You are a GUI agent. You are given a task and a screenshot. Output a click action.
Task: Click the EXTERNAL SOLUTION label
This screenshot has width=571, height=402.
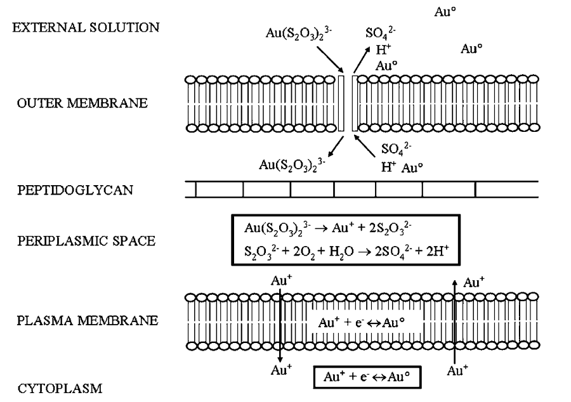(82, 28)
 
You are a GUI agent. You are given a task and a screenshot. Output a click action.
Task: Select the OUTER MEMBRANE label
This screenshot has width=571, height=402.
(82, 103)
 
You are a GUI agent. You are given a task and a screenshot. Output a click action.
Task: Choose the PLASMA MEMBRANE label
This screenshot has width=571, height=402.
(86, 320)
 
